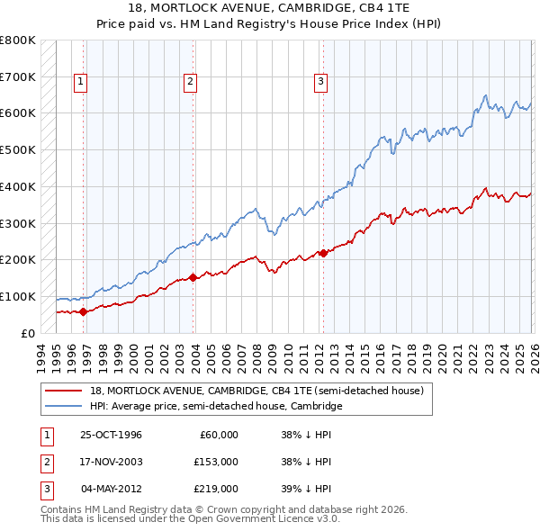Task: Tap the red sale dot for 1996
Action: click(84, 311)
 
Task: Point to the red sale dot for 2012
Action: click(324, 253)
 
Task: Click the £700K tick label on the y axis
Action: click(18, 77)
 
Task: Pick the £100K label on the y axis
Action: click(18, 296)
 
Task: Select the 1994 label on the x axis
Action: click(40, 355)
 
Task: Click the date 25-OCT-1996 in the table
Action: click(111, 435)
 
